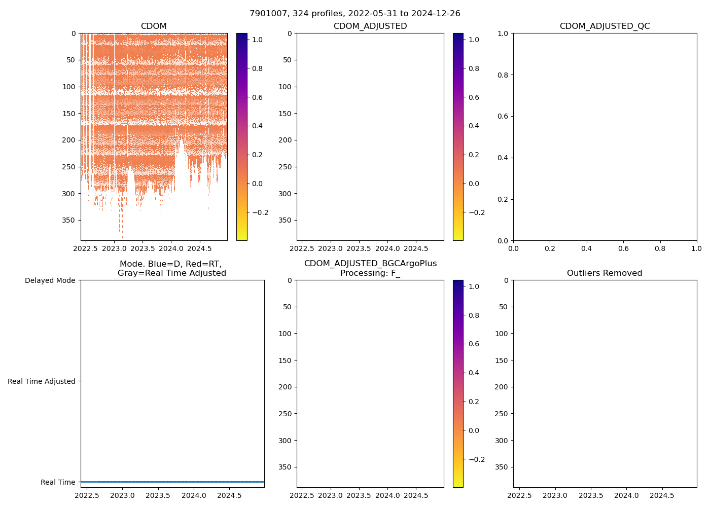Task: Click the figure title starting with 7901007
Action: click(x=354, y=14)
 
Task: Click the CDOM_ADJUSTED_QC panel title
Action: click(x=605, y=26)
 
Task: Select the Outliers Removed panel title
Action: click(x=605, y=273)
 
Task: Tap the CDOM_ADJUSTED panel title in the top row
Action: click(x=370, y=26)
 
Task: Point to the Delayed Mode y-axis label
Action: click(x=50, y=280)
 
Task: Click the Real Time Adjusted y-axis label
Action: click(x=41, y=381)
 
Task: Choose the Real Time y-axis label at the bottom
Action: click(x=58, y=482)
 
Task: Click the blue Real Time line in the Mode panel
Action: click(x=172, y=482)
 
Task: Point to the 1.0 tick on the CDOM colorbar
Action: click(x=257, y=40)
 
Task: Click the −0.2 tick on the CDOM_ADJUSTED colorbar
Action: click(x=475, y=212)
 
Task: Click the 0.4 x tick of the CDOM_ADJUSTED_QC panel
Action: click(x=586, y=249)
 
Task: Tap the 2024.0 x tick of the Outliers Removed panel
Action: click(x=626, y=496)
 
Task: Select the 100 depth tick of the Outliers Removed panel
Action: click(x=501, y=334)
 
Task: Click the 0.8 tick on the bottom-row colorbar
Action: click(x=474, y=315)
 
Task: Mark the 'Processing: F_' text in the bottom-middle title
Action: click(x=370, y=273)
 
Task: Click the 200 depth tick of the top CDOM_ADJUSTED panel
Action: click(x=285, y=140)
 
